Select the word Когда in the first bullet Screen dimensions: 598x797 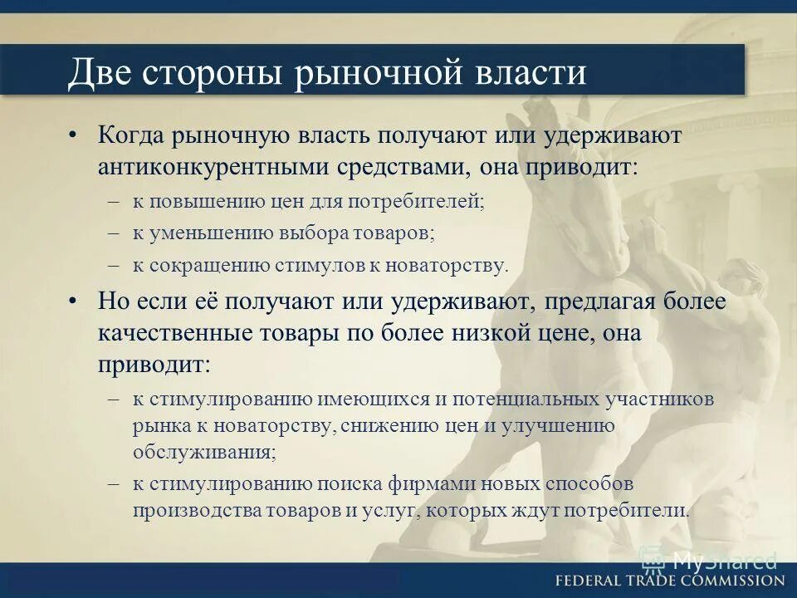tap(132, 135)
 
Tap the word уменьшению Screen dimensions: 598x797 tap(199, 233)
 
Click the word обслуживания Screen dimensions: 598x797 tap(203, 453)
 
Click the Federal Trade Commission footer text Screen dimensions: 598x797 tap(669, 581)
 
